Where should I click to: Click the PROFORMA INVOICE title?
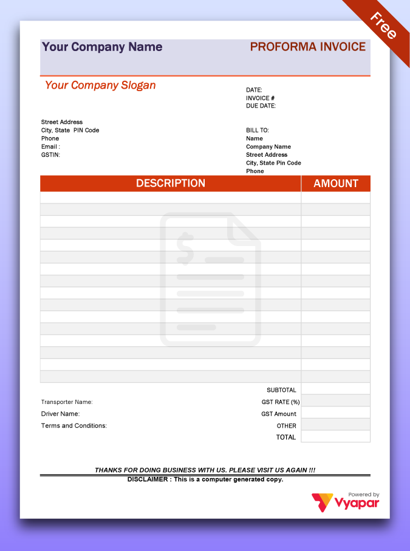(307, 47)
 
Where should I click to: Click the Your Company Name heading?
(101, 47)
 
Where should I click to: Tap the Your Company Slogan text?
(100, 85)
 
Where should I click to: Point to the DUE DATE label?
(261, 106)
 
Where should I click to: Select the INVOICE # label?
(260, 98)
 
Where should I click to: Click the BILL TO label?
(257, 130)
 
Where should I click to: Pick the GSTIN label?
(50, 155)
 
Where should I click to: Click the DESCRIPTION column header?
(170, 183)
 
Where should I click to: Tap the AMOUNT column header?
(335, 183)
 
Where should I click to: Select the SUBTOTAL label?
(281, 390)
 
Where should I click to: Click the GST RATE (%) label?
(281, 402)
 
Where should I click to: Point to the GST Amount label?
(279, 414)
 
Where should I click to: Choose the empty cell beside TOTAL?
(335, 437)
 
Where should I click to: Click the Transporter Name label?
(67, 402)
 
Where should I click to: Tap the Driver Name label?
(60, 414)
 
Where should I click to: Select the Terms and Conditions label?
(73, 426)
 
